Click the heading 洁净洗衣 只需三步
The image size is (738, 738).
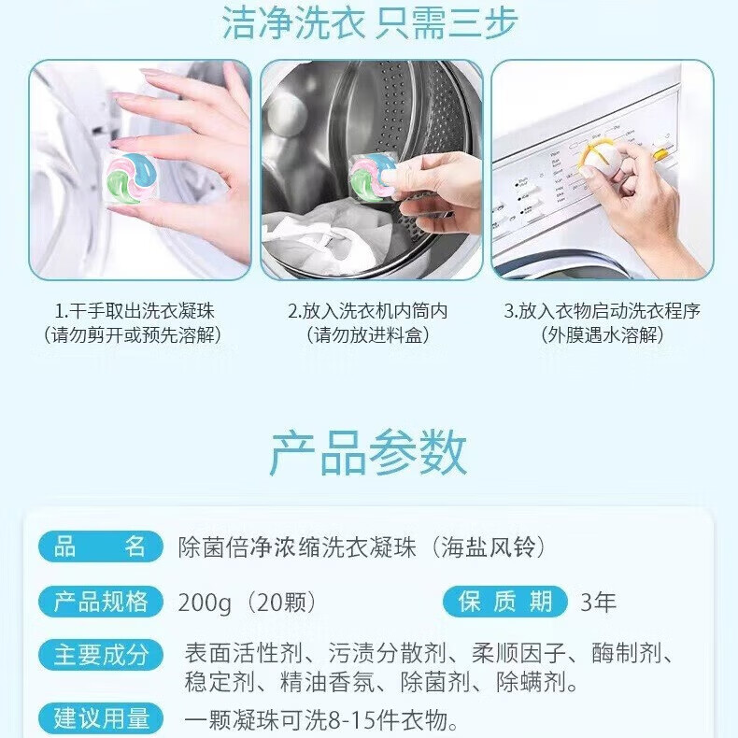click(x=369, y=22)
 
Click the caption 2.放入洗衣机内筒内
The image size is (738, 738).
click(x=370, y=311)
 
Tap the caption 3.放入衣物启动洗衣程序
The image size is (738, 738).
click(x=602, y=311)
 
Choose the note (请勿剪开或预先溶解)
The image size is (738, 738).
click(x=139, y=335)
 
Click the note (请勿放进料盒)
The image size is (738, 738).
click(x=370, y=335)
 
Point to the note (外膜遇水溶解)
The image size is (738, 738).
click(x=602, y=335)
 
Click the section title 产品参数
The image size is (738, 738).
click(x=369, y=454)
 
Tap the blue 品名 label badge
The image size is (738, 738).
click(x=100, y=546)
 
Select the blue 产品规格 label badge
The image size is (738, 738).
click(x=100, y=601)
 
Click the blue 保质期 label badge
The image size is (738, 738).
click(x=505, y=601)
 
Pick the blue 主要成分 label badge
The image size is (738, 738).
click(x=100, y=654)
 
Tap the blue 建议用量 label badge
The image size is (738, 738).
click(x=100, y=718)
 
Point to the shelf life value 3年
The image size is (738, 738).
click(x=599, y=602)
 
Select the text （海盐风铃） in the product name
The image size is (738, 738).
click(x=490, y=547)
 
